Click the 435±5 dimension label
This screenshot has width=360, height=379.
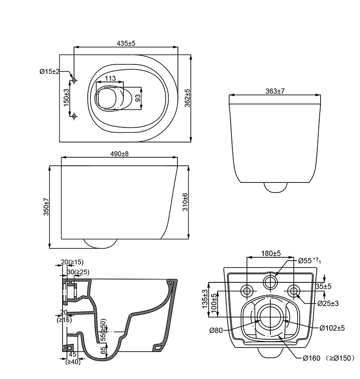126,43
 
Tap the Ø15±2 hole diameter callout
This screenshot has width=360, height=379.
49,72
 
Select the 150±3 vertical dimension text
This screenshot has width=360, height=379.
66,98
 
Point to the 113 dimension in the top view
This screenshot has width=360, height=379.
111,78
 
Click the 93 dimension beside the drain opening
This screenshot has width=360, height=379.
138,98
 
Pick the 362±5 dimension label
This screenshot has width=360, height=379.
187,98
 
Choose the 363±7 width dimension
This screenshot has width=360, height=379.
275,91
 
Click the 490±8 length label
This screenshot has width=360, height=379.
120,153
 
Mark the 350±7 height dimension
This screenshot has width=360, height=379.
46,207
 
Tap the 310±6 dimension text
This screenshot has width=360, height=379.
185,202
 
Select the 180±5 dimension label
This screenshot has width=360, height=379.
271,253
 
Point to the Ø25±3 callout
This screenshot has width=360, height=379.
328,303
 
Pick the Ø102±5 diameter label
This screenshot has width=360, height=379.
332,328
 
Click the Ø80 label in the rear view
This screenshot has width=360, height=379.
216,330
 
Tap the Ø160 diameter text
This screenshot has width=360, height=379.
312,358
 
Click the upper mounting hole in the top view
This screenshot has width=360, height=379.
74,80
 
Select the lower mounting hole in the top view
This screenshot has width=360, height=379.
74,116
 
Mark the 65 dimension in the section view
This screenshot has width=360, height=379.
104,351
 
